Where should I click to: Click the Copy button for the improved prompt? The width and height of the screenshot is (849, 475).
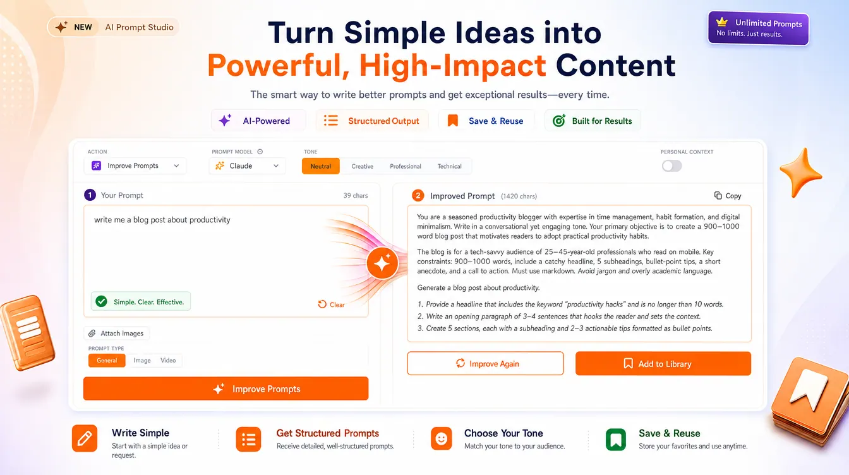coord(728,196)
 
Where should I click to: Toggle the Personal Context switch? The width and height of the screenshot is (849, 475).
coord(671,165)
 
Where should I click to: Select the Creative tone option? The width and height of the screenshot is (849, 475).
coord(362,166)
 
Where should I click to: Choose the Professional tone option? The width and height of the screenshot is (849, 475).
coord(405,166)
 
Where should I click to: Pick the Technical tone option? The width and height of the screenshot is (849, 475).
coord(449,166)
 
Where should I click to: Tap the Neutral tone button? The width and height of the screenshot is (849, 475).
coord(321,166)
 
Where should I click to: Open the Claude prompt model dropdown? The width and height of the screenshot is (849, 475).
coord(247,165)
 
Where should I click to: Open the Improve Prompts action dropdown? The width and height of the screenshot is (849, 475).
coord(135,165)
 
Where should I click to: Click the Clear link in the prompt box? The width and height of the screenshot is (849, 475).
coord(331,304)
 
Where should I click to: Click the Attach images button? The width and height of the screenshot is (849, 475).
coord(116,334)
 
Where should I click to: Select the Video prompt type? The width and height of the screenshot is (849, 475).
coord(168,360)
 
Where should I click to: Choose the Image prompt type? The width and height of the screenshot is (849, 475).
coord(142,360)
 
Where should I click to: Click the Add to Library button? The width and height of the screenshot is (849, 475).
coord(663,364)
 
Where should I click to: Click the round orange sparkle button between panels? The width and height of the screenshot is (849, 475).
coord(382,263)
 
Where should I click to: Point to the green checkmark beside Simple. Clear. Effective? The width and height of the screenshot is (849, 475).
coord(101,301)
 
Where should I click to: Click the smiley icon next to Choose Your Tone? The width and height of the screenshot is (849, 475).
coord(441,438)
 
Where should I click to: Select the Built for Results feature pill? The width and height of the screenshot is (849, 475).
coord(593,121)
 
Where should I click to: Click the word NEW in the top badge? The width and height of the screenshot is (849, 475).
coord(83,27)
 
